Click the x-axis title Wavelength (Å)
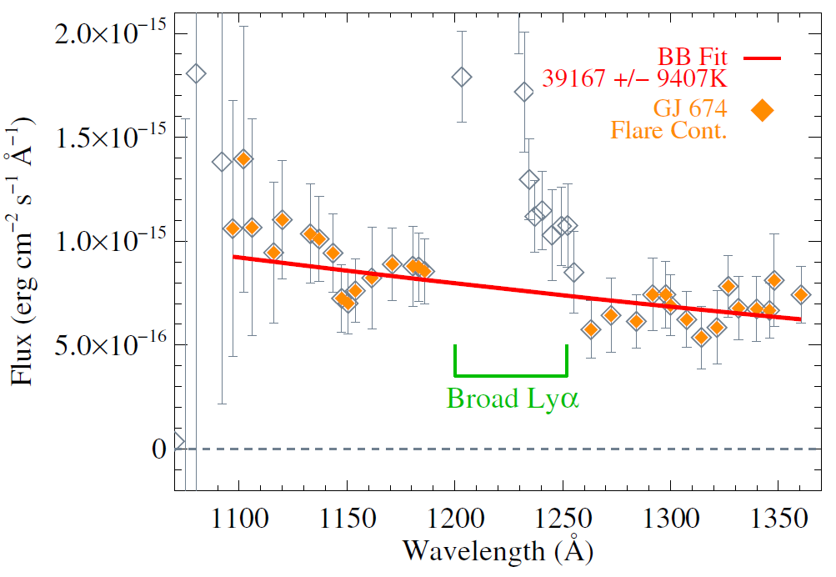pos(498,550)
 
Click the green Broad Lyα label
pos(513,399)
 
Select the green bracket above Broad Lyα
pos(510,374)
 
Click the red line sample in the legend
pos(760,58)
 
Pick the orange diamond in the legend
pos(760,109)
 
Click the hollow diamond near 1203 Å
pos(462,78)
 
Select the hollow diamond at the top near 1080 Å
pos(196,73)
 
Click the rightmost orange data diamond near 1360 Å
pos(801,294)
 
